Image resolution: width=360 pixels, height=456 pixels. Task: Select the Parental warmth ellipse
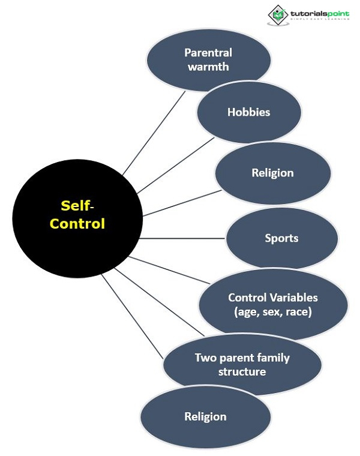click(208, 59)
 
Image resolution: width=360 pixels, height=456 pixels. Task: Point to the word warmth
click(208, 67)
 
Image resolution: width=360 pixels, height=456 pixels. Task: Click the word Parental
click(208, 53)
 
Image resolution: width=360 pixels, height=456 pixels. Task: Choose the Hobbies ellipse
click(248, 112)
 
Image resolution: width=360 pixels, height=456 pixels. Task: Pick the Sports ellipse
click(281, 238)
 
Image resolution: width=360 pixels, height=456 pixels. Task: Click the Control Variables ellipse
click(273, 305)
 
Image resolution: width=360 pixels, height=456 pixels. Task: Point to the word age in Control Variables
click(247, 312)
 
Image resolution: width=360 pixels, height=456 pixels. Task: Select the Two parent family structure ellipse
click(242, 365)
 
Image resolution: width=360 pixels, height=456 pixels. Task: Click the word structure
click(242, 372)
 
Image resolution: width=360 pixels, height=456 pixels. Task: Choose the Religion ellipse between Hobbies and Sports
click(272, 173)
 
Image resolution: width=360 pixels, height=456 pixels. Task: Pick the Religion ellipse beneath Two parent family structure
click(205, 416)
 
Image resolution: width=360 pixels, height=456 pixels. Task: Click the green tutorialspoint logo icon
click(277, 14)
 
